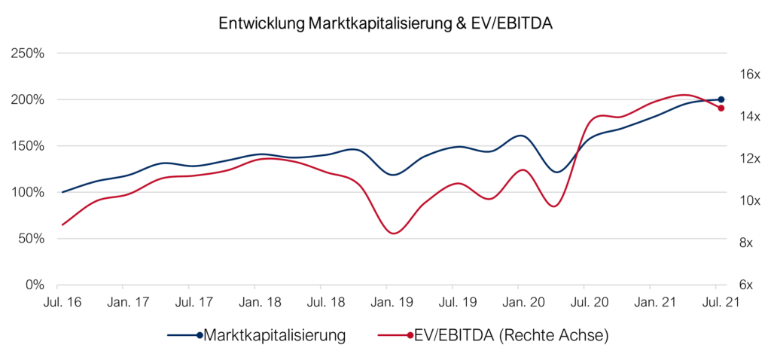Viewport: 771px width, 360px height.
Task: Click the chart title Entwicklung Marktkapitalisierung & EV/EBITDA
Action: (x=385, y=23)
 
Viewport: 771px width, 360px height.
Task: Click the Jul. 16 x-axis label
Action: (x=57, y=303)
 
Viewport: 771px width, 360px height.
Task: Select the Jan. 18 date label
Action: (x=254, y=303)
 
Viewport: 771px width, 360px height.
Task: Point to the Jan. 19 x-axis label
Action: (x=386, y=303)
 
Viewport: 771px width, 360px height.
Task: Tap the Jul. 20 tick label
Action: (x=584, y=303)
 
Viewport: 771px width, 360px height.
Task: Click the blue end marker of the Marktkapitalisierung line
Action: (x=721, y=99)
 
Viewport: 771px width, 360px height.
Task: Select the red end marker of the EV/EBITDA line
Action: (x=721, y=108)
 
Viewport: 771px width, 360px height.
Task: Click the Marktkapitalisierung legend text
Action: (x=275, y=335)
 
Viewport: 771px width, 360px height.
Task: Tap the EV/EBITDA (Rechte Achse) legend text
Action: (x=510, y=335)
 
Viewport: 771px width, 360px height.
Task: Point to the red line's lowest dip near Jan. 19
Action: (x=394, y=233)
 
